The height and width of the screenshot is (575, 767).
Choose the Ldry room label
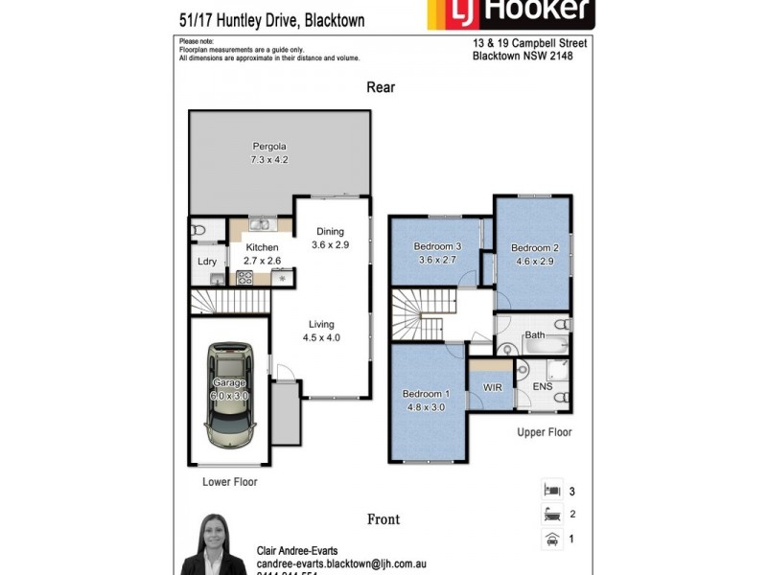(x=207, y=262)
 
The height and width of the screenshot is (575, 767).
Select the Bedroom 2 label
(x=534, y=247)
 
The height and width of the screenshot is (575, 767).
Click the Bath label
(x=534, y=335)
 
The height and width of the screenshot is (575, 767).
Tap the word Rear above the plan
(x=381, y=87)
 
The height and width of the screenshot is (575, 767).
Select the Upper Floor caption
(x=545, y=432)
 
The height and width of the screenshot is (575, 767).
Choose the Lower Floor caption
(x=230, y=482)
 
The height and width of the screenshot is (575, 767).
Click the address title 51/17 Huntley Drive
(x=271, y=20)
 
